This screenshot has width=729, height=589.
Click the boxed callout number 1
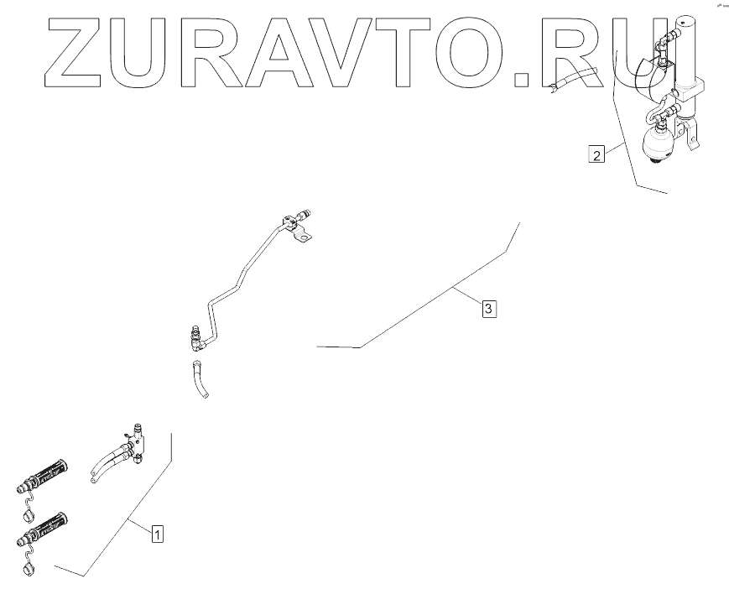tap(157, 531)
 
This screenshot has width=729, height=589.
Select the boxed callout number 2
tap(596, 155)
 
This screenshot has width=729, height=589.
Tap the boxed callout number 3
tap(489, 309)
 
